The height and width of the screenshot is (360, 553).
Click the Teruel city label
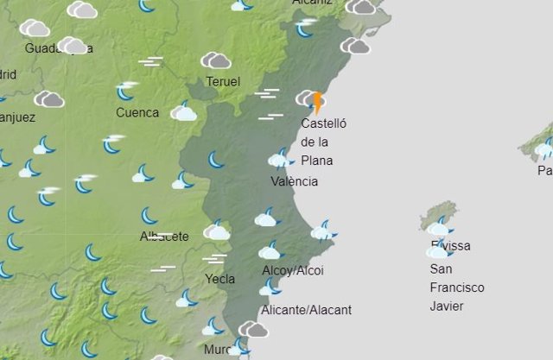point(223,82)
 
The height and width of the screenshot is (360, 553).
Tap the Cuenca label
point(137,112)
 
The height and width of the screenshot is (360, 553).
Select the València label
point(294,181)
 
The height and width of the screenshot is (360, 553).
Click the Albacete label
point(164,237)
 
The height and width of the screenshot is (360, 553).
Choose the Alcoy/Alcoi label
point(293,271)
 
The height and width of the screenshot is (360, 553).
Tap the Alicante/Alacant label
point(306,310)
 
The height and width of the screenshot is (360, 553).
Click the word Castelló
point(323,123)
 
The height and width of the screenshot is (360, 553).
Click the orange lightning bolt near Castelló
point(318,104)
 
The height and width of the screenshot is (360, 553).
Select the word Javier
point(447,306)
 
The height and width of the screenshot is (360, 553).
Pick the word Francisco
point(457,287)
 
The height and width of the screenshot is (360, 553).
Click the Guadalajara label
point(59,48)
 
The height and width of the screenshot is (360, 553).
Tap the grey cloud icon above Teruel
point(216,60)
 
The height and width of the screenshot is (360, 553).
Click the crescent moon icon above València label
point(280,158)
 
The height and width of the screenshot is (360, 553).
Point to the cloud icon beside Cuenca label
point(183,111)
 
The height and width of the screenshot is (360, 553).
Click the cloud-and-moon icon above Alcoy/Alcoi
point(270,251)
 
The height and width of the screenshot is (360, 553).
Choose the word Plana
point(317,161)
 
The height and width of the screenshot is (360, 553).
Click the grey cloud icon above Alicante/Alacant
point(253,329)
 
